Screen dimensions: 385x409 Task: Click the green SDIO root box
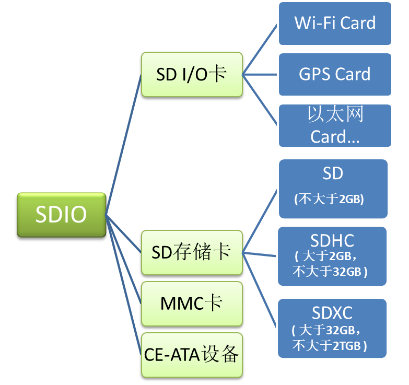pos(61,215)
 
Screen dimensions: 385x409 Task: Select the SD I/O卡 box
pos(192,74)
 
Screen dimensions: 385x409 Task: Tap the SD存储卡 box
pos(192,252)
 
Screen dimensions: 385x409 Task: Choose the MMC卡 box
pos(192,303)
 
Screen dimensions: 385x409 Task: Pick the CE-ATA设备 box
pos(192,355)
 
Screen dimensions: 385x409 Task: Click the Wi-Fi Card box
pos(335,24)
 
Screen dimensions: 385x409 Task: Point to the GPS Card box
pos(335,74)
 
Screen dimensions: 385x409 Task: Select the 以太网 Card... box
pos(335,125)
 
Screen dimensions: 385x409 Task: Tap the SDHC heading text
pos(332,240)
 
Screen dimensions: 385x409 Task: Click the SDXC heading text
pos(332,313)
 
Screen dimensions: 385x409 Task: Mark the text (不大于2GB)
pos(329,199)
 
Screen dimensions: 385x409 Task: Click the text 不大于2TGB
pos(329,345)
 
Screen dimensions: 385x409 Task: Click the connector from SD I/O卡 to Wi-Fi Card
pos(260,49)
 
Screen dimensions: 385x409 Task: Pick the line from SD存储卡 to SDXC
pos(260,288)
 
